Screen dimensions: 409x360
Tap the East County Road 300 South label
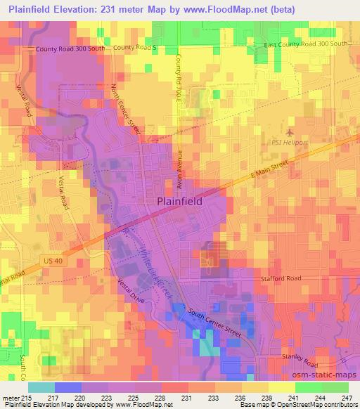(x=306, y=44)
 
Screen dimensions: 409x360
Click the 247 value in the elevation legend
(x=346, y=398)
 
